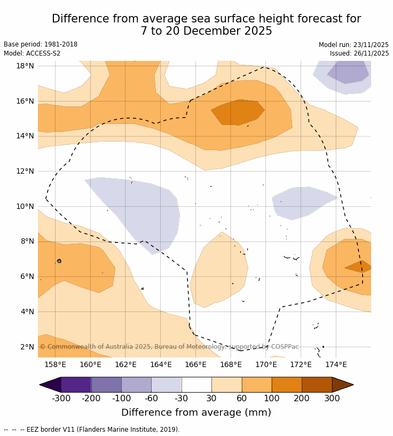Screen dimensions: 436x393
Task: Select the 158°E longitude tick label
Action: point(55,365)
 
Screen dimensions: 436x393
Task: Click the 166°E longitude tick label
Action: point(195,365)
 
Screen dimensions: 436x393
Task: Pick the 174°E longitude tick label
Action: point(336,365)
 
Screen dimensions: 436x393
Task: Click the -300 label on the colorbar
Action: point(61,399)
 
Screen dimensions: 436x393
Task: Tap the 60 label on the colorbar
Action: point(241,399)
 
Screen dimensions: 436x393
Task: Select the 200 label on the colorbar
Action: point(302,399)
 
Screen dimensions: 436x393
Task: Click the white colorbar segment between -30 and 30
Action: point(196,385)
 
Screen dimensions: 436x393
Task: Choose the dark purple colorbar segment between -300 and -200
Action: point(76,385)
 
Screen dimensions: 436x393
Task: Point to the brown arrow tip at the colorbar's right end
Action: point(343,385)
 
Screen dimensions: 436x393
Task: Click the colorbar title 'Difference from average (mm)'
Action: point(196,412)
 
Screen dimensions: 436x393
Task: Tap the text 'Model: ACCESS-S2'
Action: point(32,53)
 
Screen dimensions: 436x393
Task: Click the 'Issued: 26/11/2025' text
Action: point(359,53)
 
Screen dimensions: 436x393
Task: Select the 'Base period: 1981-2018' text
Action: point(41,44)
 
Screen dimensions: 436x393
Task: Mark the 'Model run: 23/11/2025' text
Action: point(353,45)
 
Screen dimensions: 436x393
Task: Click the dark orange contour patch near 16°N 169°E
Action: point(238,112)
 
